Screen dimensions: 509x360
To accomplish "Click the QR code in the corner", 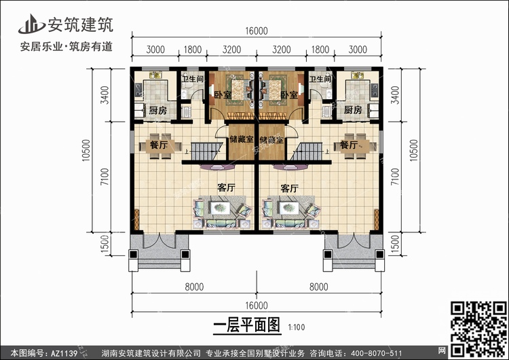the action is (x=478, y=329).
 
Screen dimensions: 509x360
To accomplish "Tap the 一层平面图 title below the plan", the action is (x=247, y=325).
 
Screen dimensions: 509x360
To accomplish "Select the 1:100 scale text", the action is (x=297, y=327).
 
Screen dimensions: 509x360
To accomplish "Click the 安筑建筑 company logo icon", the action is (x=31, y=24).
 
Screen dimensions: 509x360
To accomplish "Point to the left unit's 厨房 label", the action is (x=158, y=111).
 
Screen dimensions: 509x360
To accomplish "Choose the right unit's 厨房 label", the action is (x=353, y=110).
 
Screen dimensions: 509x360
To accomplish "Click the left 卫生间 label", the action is (x=192, y=79).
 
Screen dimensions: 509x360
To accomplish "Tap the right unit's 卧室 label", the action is (x=289, y=95).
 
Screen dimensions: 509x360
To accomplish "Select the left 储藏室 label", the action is (x=241, y=139).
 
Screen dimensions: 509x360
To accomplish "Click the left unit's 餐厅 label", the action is (x=158, y=145).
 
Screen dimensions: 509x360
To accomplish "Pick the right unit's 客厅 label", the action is (x=290, y=188).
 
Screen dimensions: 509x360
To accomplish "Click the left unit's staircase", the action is (x=206, y=151).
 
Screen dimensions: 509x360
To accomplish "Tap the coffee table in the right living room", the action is (x=288, y=208).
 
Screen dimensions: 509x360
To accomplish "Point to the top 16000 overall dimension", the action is (x=257, y=31).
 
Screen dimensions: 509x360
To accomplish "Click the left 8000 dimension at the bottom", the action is (x=194, y=287).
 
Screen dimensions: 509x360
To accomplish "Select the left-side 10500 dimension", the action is (x=86, y=150).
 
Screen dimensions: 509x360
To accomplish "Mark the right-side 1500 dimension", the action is (x=394, y=244).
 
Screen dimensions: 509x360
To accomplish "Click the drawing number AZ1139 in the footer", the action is (x=64, y=353).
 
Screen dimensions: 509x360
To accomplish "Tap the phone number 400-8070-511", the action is (x=377, y=353).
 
